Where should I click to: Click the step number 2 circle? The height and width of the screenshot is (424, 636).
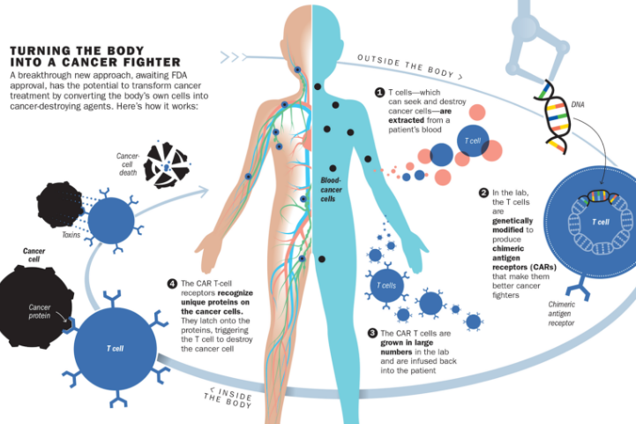point(483,193)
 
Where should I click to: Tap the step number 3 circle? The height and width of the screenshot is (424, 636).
point(373,334)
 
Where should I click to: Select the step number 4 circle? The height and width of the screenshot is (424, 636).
point(172,284)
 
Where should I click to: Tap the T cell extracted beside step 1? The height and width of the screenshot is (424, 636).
point(473,140)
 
